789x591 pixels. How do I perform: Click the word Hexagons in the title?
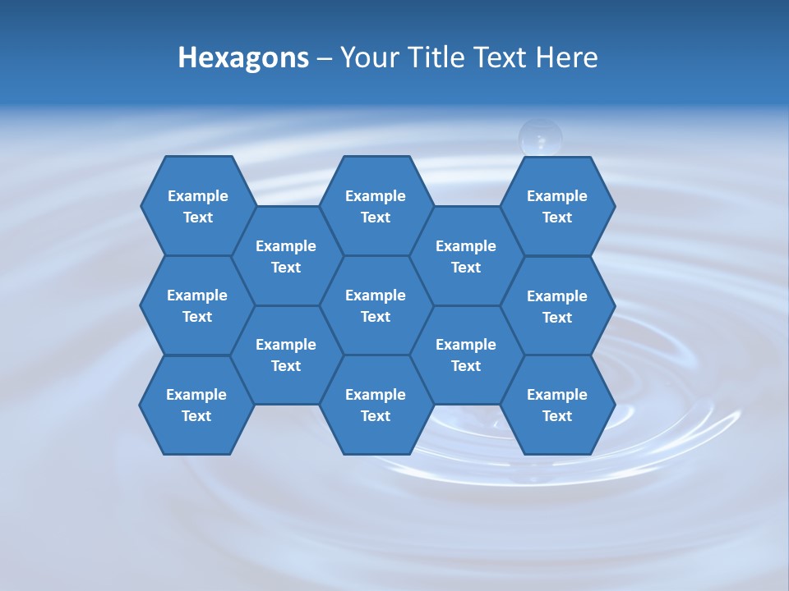click(243, 57)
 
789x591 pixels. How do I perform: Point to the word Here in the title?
click(566, 57)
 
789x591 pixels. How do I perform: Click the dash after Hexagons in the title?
click(324, 58)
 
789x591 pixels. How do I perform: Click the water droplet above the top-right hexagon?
click(540, 136)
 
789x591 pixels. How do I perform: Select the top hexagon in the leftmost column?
click(197, 206)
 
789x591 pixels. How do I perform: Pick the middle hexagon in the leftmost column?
click(197, 305)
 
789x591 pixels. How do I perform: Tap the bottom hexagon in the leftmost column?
click(196, 405)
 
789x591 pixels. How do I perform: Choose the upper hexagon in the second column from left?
click(286, 256)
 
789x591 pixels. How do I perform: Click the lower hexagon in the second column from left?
click(286, 355)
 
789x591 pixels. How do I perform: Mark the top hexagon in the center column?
click(376, 206)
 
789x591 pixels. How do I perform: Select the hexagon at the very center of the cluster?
click(376, 305)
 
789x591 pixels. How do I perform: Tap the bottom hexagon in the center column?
click(376, 405)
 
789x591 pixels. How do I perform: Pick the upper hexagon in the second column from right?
click(466, 256)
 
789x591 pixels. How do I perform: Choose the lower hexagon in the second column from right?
click(466, 355)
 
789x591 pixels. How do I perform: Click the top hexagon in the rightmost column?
click(557, 206)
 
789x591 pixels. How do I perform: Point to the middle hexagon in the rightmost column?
click(557, 306)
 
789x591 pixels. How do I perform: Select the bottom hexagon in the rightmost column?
click(557, 405)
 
